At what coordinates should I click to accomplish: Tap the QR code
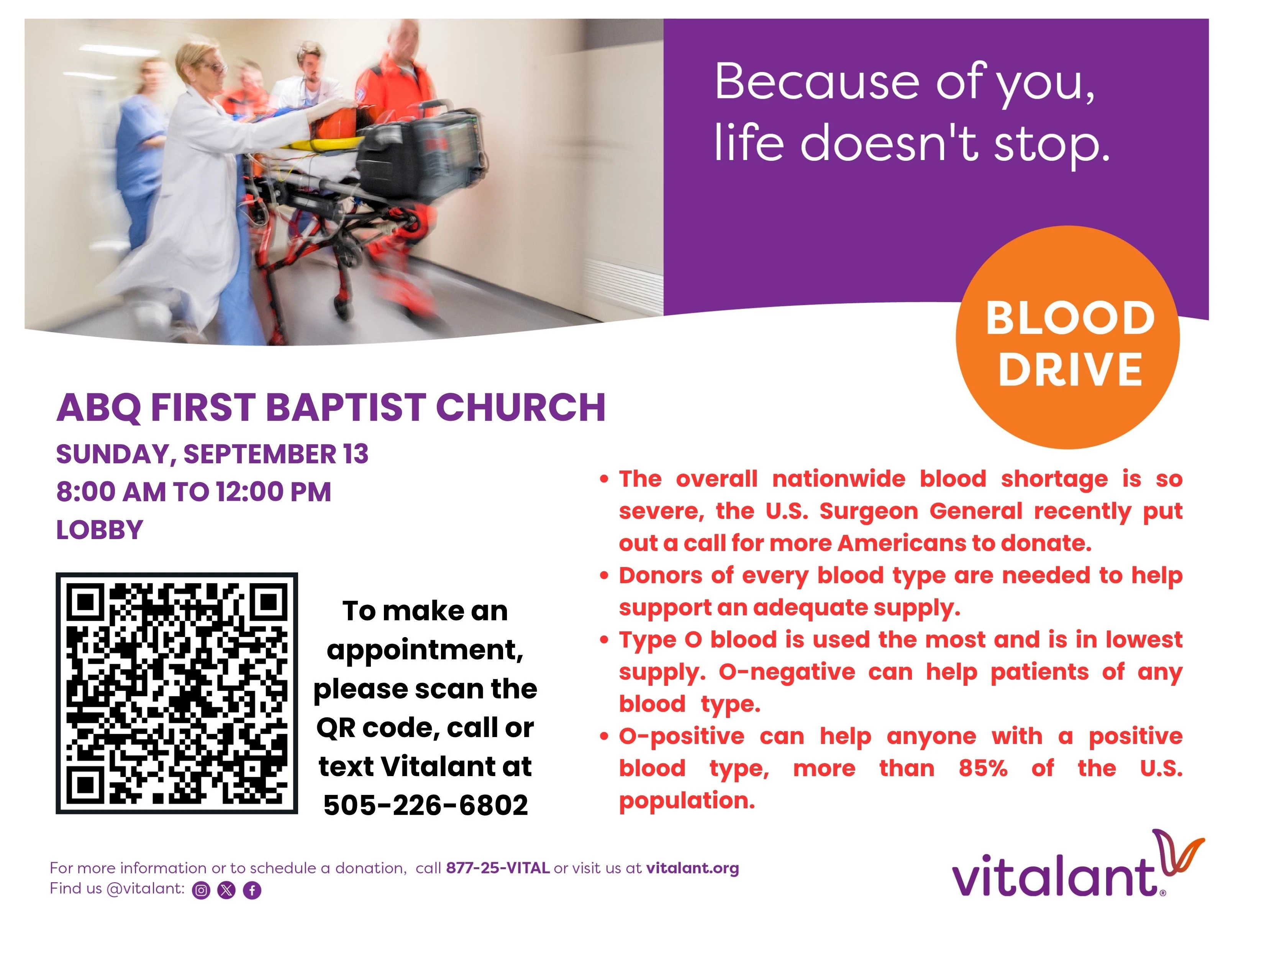[x=177, y=693]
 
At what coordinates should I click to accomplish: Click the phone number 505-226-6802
[x=425, y=805]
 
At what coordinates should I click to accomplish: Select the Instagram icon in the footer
[x=201, y=890]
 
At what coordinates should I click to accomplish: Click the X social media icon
[x=226, y=890]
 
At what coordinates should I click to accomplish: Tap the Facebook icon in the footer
[x=252, y=890]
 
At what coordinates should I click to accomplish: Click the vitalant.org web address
[x=692, y=868]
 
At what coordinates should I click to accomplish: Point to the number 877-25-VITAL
[x=498, y=868]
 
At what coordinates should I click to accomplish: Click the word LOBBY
[x=100, y=530]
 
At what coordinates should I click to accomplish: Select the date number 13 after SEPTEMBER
[x=355, y=454]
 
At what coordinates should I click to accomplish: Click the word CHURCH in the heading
[x=520, y=407]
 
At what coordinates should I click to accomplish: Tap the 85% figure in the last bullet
[x=983, y=768]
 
